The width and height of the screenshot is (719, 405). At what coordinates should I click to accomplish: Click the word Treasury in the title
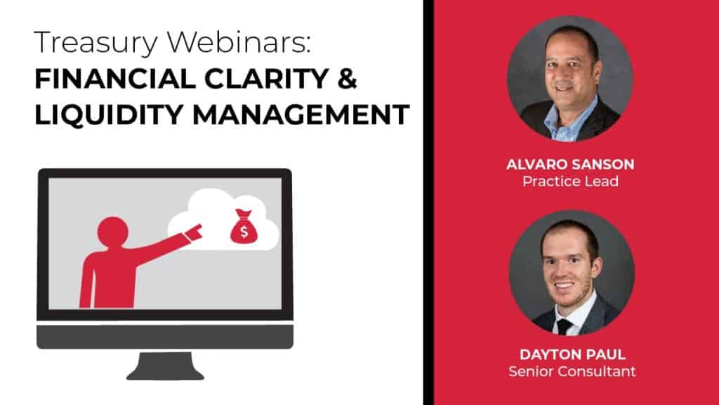[95, 44]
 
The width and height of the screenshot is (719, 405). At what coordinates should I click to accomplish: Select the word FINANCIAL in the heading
[115, 79]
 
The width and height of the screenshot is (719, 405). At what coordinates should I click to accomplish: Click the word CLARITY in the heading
[266, 79]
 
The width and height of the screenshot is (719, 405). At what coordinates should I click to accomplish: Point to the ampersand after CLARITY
[347, 79]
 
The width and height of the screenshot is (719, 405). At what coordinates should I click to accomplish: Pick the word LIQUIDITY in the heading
[109, 115]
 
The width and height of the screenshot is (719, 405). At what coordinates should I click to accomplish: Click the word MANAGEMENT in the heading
[301, 115]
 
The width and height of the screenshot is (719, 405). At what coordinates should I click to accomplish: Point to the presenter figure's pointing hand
[194, 232]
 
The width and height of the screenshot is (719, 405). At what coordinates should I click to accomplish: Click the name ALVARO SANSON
[570, 164]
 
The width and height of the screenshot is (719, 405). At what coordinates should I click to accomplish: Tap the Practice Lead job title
[570, 181]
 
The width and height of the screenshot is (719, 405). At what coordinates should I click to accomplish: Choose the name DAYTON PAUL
[572, 354]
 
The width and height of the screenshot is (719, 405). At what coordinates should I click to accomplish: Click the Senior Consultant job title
[572, 371]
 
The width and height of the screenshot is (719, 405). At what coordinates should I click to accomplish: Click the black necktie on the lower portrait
[564, 327]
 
